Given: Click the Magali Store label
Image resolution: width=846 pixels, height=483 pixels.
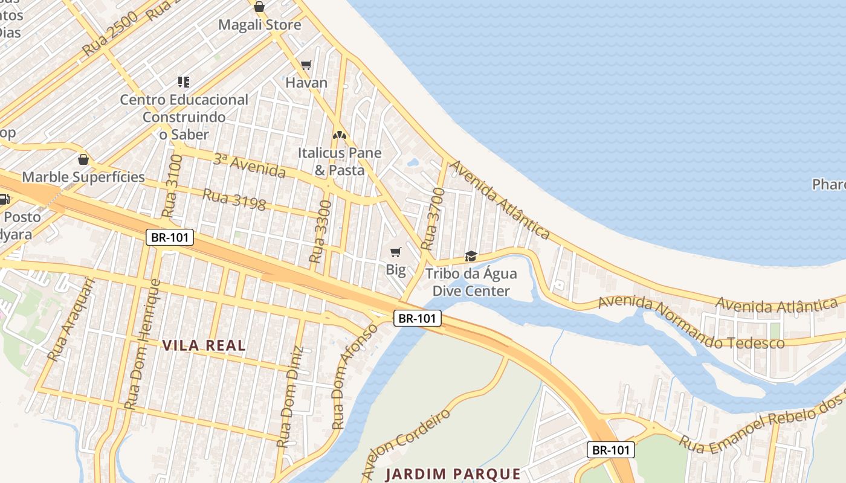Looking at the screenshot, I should click(259, 25).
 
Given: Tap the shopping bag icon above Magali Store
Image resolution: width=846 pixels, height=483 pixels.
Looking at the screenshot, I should click(259, 7).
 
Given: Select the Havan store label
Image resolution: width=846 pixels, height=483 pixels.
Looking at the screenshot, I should click(306, 83).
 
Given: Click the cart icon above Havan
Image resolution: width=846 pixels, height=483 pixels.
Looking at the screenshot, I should click(306, 65).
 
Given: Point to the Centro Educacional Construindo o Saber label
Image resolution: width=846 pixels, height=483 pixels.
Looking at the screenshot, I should click(184, 117).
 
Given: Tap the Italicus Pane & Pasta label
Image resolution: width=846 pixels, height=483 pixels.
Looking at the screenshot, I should click(340, 161).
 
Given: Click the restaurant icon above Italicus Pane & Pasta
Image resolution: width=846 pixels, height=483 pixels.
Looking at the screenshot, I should click(339, 136).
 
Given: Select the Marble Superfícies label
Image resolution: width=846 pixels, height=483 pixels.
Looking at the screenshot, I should click(83, 177).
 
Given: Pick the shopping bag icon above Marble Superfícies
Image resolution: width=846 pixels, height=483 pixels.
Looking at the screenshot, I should click(83, 160).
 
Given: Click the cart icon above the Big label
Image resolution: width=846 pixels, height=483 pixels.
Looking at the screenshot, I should click(396, 252).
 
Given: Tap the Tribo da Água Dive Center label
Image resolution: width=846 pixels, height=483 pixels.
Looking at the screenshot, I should click(471, 282).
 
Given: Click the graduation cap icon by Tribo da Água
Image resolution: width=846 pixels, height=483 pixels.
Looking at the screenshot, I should click(471, 257).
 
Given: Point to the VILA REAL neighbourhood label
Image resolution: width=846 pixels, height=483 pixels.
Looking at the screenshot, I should click(204, 345).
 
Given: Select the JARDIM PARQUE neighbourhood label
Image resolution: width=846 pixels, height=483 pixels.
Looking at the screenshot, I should click(453, 474).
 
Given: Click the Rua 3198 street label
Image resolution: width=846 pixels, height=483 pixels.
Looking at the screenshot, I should click(234, 200).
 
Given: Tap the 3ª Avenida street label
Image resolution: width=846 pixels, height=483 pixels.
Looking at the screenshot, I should click(249, 165).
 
